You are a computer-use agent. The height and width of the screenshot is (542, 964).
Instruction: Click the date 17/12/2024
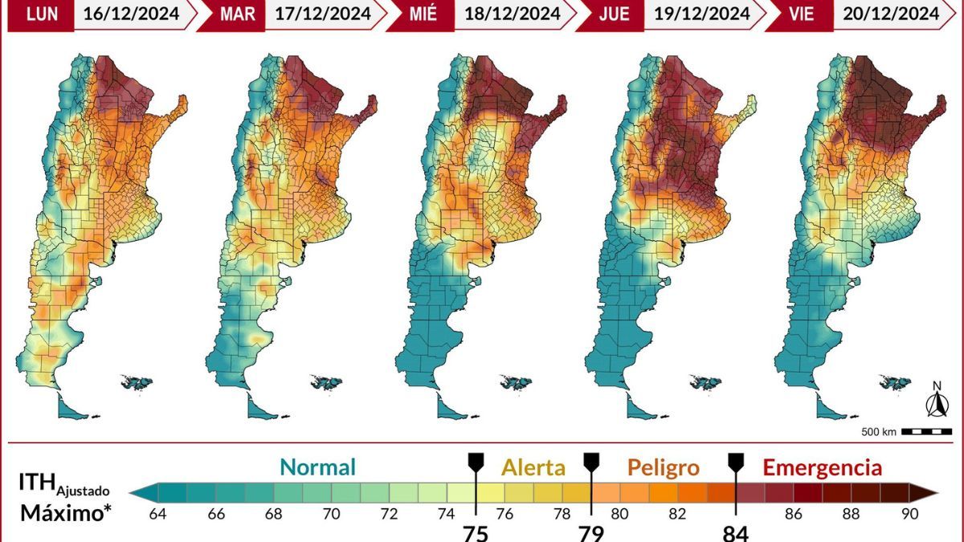point(320,14)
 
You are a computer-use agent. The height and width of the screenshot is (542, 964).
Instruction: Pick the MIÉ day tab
point(419,14)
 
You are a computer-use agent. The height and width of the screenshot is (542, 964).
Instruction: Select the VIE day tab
point(799,14)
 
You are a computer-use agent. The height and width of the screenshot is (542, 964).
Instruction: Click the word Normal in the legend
point(317,467)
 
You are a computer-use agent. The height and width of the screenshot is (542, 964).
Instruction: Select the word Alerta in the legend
point(533,467)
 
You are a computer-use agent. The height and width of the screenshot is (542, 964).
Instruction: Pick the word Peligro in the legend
point(663,467)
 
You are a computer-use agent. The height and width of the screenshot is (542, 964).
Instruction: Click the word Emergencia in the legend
point(822,467)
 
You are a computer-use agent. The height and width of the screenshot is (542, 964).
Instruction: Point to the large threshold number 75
point(475,532)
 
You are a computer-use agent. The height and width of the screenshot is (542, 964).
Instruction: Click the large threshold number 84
point(735,532)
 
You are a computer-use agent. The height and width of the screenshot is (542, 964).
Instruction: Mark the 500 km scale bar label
point(878,432)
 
